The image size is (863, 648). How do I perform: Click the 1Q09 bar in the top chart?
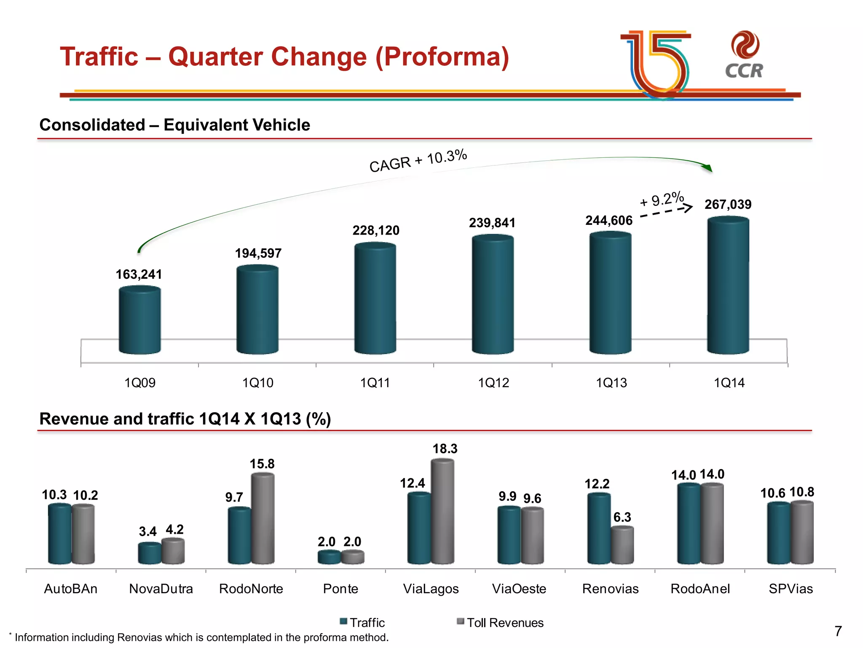[140, 321]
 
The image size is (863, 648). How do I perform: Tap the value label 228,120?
[376, 230]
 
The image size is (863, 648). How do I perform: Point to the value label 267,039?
[728, 205]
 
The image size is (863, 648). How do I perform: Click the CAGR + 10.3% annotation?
[418, 161]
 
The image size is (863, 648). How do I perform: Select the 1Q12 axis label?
[493, 383]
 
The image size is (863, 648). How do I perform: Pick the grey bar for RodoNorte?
[263, 518]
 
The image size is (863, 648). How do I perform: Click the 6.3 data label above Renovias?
[622, 517]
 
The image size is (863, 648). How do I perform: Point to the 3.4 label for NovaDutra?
[147, 532]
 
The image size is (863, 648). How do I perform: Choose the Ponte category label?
[340, 589]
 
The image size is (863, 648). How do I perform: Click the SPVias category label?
[791, 589]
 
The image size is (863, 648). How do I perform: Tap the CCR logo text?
[744, 71]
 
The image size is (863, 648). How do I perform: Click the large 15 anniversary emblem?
[657, 63]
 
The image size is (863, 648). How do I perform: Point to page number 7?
[838, 631]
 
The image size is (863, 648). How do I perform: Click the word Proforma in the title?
[442, 57]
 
